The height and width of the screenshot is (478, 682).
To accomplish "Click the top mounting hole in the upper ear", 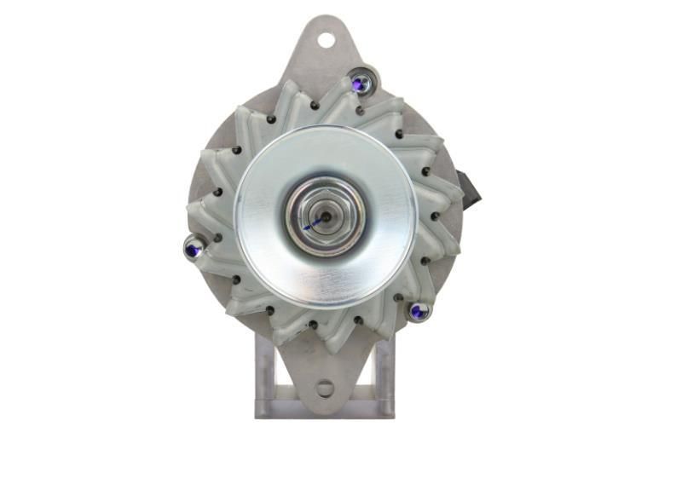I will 326,39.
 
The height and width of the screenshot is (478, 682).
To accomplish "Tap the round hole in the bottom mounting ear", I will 325,389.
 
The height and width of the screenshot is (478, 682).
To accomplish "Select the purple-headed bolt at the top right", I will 362,83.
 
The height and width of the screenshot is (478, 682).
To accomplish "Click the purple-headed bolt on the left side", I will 194,248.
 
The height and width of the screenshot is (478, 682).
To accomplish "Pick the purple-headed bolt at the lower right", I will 418,311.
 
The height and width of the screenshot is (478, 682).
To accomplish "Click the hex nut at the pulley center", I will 324,216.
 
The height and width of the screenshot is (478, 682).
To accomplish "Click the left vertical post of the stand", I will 265,375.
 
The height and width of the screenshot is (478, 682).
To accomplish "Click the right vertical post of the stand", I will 385,375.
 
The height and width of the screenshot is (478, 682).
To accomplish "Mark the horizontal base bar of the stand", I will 325,409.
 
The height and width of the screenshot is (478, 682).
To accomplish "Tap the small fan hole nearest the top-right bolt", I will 360,110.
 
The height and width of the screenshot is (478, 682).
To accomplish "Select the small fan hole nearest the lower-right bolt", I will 398,298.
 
